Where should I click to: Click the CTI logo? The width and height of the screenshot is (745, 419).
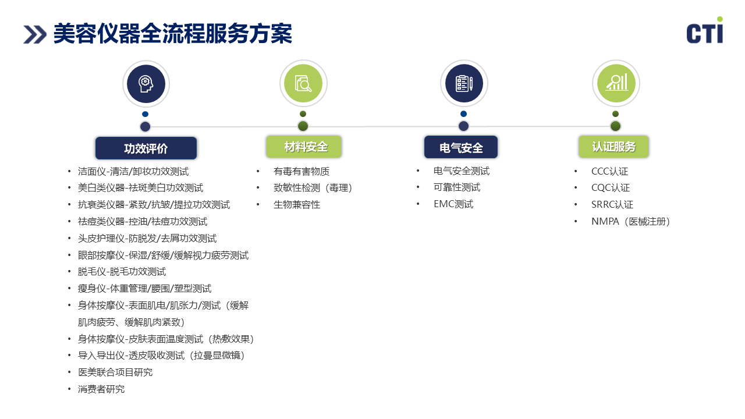point(705,30)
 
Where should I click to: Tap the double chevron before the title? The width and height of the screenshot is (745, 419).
point(35,34)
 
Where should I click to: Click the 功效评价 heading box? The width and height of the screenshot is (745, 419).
point(146,148)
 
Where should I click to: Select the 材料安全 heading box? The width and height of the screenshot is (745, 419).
point(304,147)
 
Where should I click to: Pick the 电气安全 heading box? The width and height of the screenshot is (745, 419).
point(461,147)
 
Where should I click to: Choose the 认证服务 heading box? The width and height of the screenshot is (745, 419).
point(613,147)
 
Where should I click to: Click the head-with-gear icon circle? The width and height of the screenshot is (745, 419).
point(146,84)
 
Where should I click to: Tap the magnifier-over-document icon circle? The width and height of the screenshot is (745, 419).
point(303,83)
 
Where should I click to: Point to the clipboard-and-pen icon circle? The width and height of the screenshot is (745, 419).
point(464,83)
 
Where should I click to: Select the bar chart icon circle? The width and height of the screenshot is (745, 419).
point(616,83)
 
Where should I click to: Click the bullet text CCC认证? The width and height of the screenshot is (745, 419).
point(609,172)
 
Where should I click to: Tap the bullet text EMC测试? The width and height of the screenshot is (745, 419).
point(453,204)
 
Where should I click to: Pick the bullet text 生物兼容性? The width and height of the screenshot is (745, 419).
point(297,205)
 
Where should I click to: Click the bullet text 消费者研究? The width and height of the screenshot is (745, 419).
point(101,389)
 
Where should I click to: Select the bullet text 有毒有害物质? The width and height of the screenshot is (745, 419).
point(301,172)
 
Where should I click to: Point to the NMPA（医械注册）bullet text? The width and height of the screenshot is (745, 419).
point(630,222)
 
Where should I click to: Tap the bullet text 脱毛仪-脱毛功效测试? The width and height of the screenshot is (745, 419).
point(122,272)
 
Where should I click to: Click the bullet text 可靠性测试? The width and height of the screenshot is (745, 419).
point(457,187)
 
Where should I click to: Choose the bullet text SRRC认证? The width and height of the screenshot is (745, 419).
point(612,205)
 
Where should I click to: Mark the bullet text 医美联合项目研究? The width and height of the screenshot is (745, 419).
point(115,372)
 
